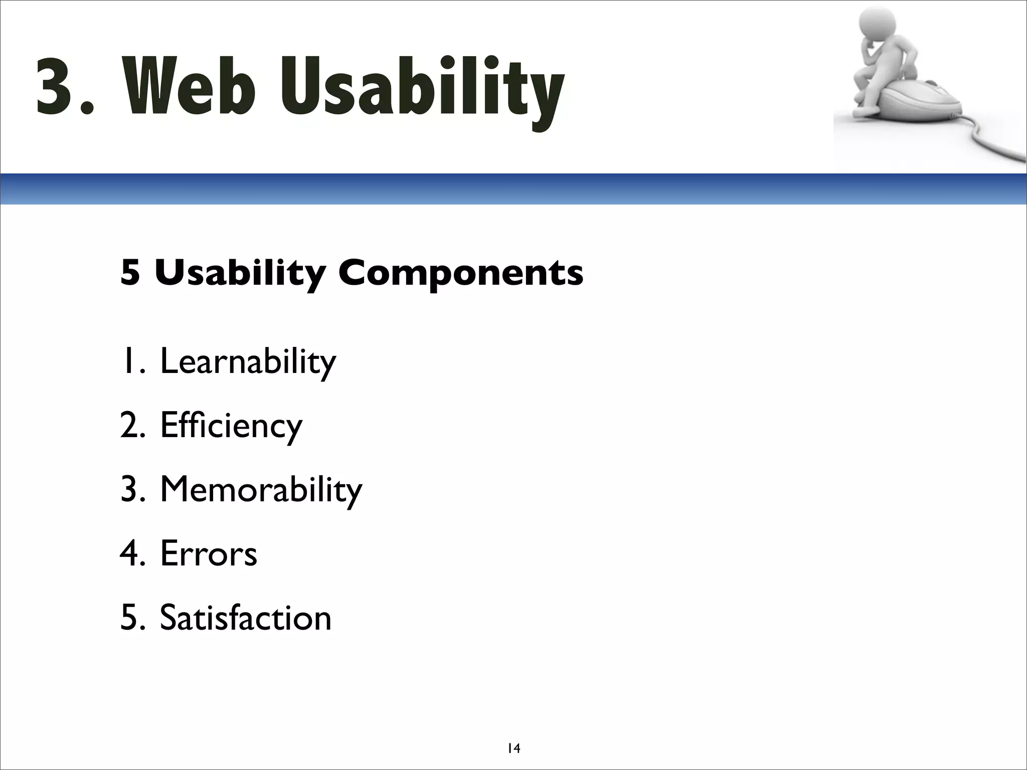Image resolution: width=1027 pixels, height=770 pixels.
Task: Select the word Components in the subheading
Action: click(461, 274)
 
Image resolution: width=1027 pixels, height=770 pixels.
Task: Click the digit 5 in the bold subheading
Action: click(130, 274)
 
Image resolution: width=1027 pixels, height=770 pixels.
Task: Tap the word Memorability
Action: click(261, 490)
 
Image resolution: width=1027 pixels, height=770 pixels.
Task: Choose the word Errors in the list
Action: click(209, 554)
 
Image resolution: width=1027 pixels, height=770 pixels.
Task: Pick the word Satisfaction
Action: click(245, 618)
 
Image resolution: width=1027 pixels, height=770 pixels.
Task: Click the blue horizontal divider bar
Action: click(513, 189)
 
